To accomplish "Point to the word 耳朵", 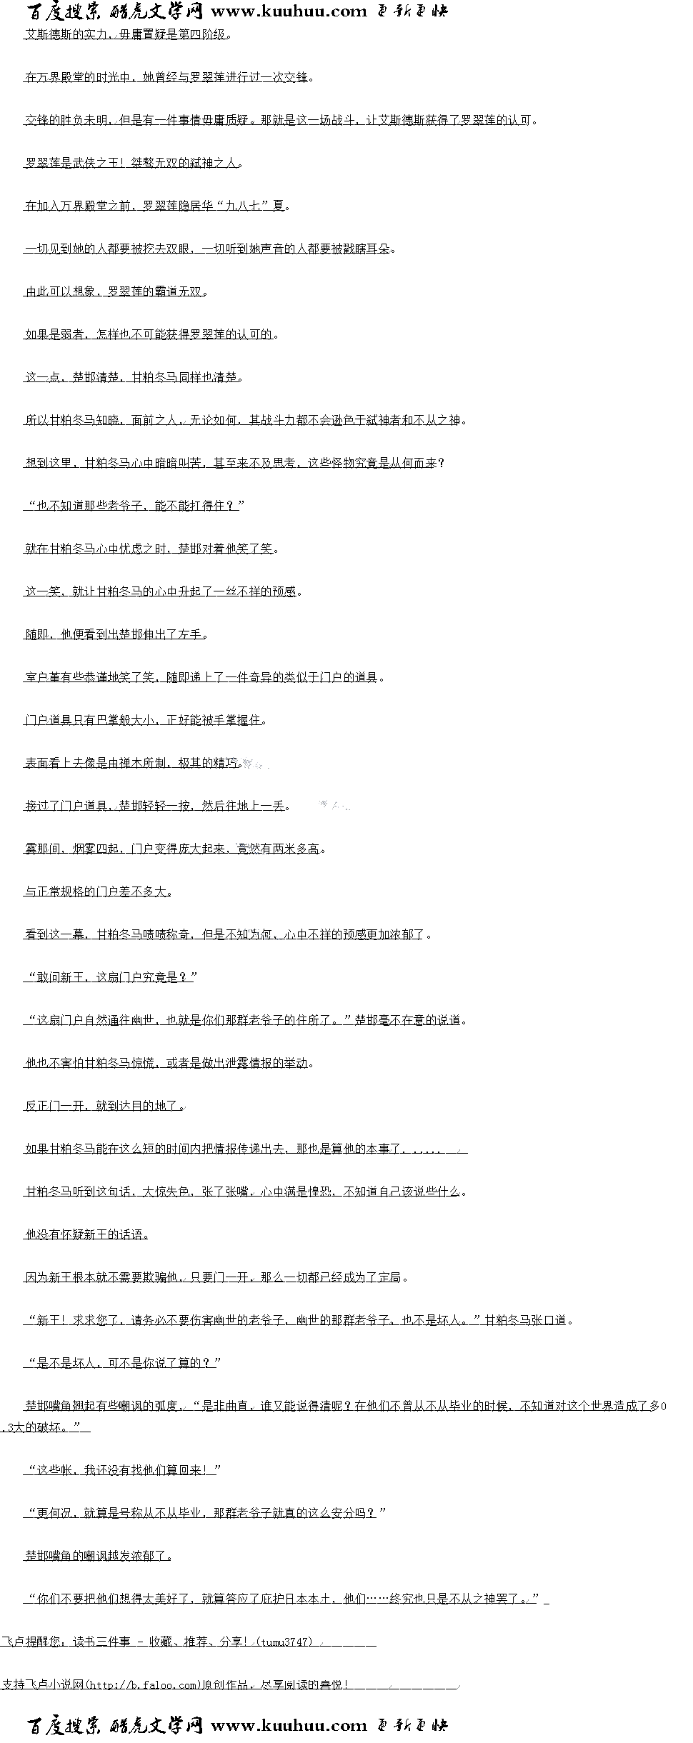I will [379, 249].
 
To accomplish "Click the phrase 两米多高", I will [296, 849].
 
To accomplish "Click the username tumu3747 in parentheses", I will [285, 1642].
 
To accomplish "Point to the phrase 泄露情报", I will [249, 1063].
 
